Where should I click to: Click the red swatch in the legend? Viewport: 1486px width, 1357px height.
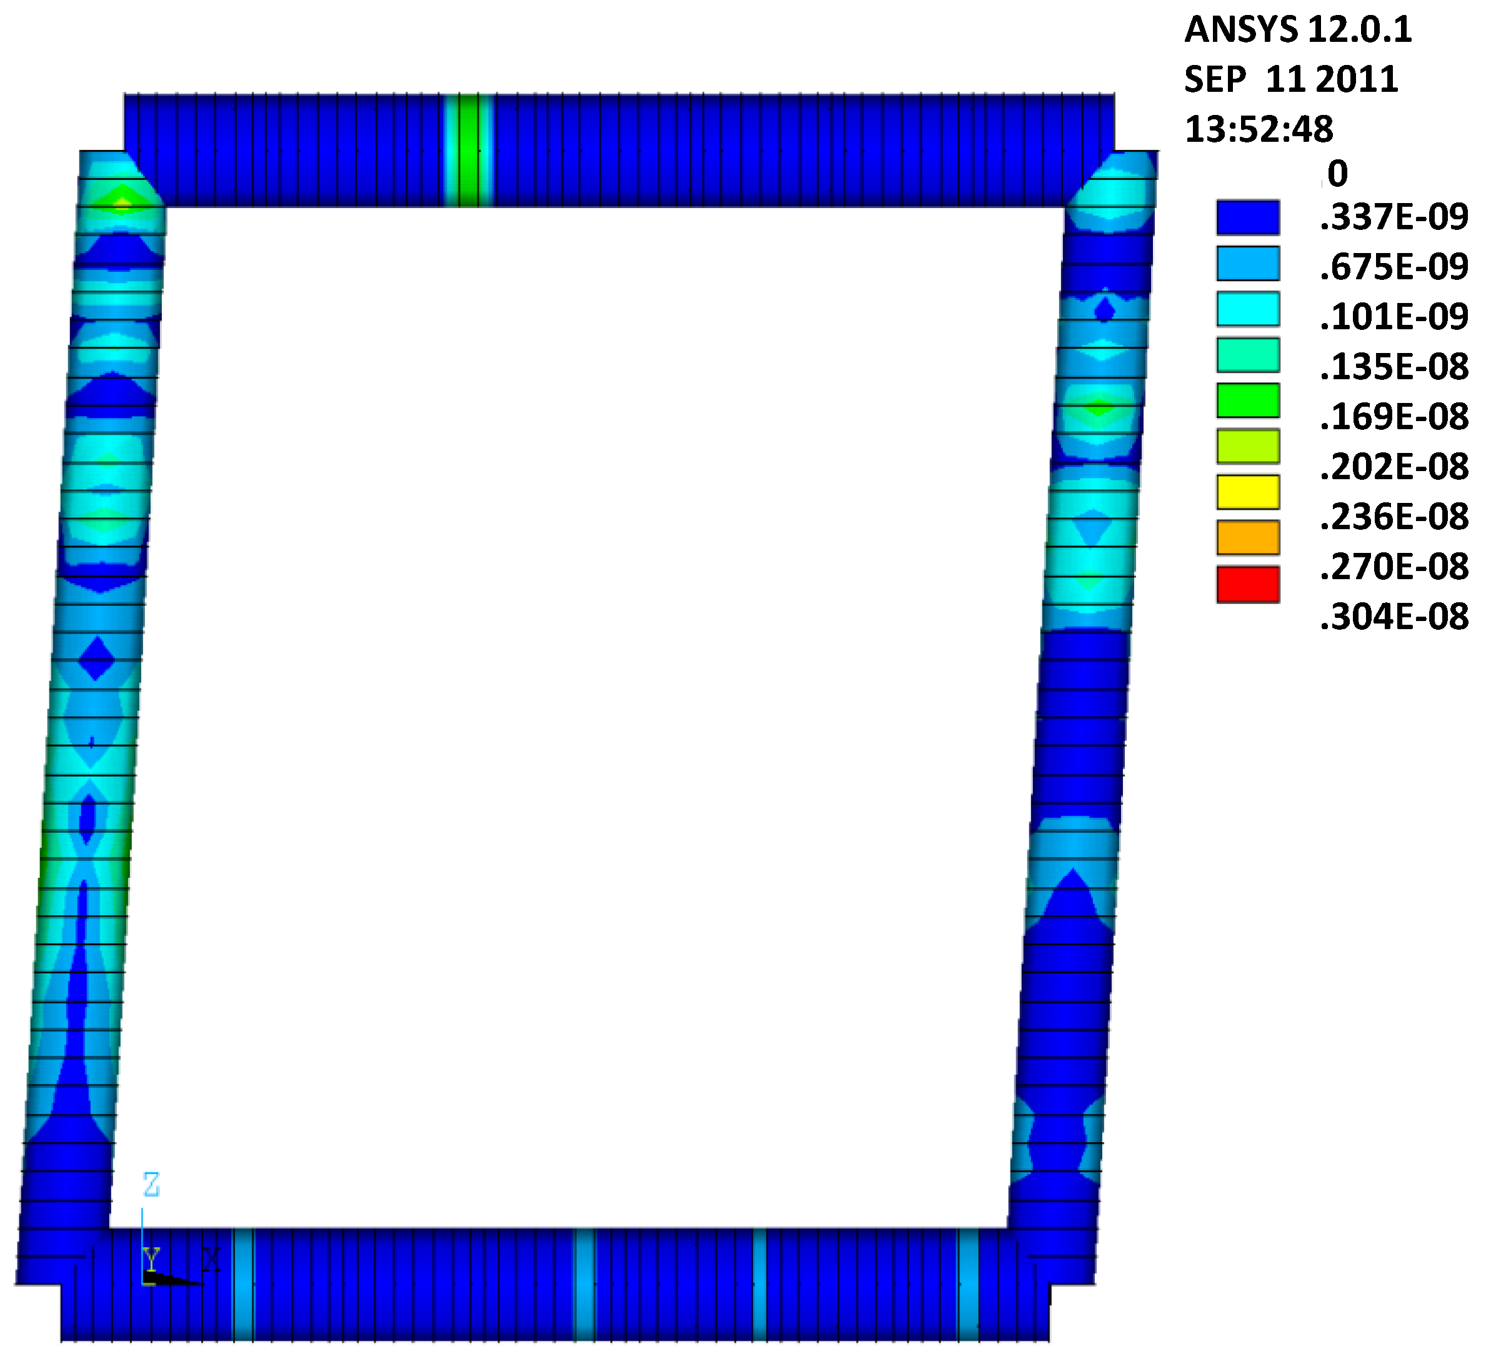pos(1248,584)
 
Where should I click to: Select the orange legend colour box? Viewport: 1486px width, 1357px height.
pos(1248,538)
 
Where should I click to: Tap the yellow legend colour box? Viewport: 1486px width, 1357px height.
pos(1248,492)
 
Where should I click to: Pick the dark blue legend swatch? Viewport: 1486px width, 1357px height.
pos(1248,217)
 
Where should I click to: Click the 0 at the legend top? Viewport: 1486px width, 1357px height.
pos(1337,174)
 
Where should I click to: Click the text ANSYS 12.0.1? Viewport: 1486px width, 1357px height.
pos(1298,30)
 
